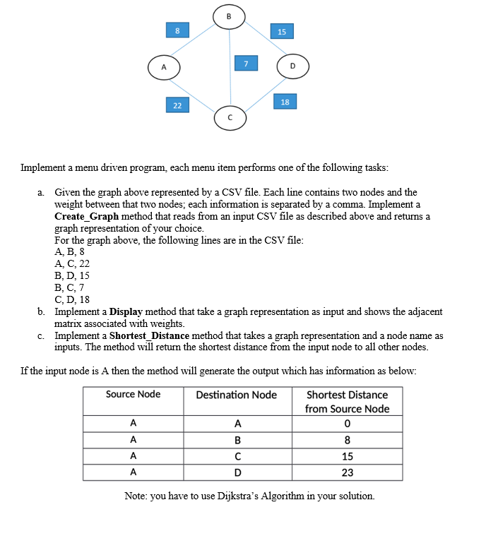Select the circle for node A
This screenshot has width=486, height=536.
pyautogui.click(x=164, y=69)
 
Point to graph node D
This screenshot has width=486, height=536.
pyautogui.click(x=292, y=67)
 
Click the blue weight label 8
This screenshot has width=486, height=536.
pyautogui.click(x=177, y=30)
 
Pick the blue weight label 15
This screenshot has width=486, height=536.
pyautogui.click(x=282, y=32)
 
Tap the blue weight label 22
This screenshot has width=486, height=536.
pyautogui.click(x=177, y=105)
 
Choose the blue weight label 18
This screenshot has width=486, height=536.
pyautogui.click(x=285, y=102)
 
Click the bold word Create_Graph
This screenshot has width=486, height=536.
pyautogui.click(x=86, y=215)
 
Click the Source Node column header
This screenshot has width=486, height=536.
pyautogui.click(x=133, y=394)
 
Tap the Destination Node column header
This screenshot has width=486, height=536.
pyautogui.click(x=237, y=395)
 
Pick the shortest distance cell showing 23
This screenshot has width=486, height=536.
pyautogui.click(x=347, y=472)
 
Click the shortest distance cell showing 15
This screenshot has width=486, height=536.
pyautogui.click(x=347, y=455)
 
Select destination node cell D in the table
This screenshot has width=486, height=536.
pyautogui.click(x=237, y=472)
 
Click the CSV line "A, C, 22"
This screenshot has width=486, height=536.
pyautogui.click(x=72, y=263)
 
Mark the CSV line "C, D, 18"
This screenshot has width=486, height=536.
pyautogui.click(x=72, y=299)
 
